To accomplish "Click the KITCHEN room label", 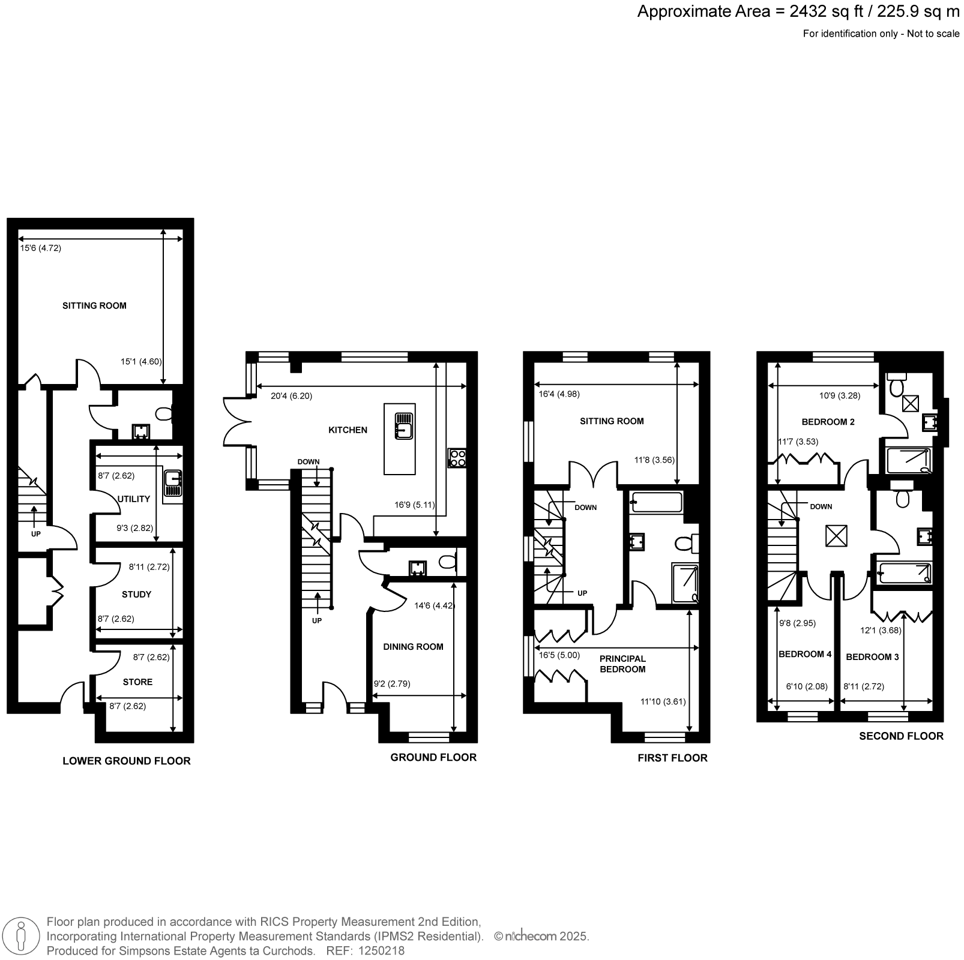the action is tap(348, 430).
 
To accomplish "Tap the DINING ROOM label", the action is tap(413, 647).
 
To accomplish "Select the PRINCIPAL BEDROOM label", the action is tap(622, 664).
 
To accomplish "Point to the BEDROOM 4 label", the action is tap(805, 654).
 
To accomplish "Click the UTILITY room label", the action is tap(134, 499).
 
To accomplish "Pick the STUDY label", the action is tap(136, 595).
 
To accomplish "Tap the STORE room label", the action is tap(137, 682).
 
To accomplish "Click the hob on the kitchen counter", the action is tap(457, 458).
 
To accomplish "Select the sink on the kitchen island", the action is tap(403, 427).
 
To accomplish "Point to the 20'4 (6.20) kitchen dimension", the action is tap(291, 396).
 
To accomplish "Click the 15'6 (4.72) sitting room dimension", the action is tap(41, 248).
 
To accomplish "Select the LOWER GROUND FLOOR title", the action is tap(127, 761).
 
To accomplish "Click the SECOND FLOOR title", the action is tap(901, 736).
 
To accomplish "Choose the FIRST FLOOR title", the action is tap(672, 758).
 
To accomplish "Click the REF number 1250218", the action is tap(381, 951).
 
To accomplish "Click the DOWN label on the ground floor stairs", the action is tap(309, 462).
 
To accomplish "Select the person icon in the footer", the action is tap(22, 935).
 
